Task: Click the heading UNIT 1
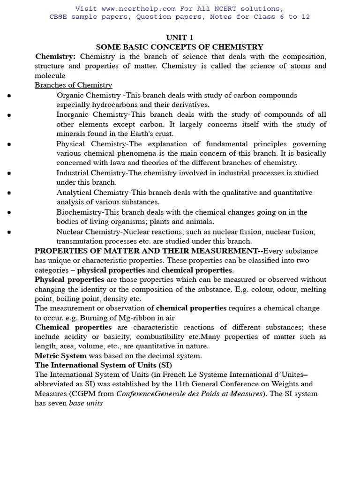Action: [x=180, y=37]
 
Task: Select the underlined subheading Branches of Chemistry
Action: [x=74, y=85]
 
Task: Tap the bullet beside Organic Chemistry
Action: [x=9, y=96]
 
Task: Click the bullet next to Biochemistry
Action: [x=9, y=212]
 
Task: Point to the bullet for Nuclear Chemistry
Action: [x=9, y=232]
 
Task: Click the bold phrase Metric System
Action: [x=60, y=356]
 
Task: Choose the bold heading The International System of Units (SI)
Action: [x=103, y=365]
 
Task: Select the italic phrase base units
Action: [x=86, y=403]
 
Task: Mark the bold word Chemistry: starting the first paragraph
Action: [x=55, y=56]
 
